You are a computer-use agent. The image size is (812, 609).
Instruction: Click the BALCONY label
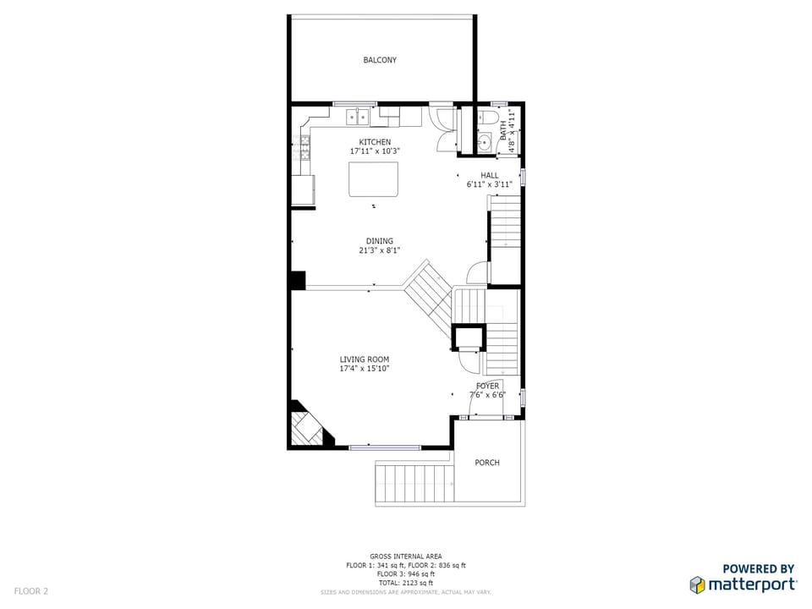click(380, 60)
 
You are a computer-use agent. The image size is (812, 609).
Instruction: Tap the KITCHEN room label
click(375, 142)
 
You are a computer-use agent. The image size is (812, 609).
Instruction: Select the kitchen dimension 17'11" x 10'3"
click(375, 151)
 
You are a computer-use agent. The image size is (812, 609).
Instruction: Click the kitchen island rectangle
click(373, 179)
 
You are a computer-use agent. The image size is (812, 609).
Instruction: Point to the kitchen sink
click(357, 117)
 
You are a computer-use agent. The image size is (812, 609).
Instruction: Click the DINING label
click(380, 241)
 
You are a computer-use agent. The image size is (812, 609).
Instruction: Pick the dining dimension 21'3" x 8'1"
click(380, 250)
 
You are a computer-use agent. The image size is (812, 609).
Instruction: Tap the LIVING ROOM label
click(364, 359)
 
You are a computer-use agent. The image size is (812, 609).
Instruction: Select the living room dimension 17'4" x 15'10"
click(364, 369)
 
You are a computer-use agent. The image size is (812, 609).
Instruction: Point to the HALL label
click(490, 176)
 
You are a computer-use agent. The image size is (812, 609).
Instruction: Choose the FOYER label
click(487, 386)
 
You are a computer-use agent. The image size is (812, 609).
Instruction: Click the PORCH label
click(487, 463)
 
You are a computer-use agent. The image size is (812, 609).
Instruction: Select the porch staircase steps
click(414, 483)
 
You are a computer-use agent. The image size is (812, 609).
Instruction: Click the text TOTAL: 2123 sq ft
click(405, 583)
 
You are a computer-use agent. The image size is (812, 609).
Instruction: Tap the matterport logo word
click(752, 585)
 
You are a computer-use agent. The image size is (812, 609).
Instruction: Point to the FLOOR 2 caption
click(31, 591)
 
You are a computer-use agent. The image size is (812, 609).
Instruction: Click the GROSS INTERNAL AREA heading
click(405, 557)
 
